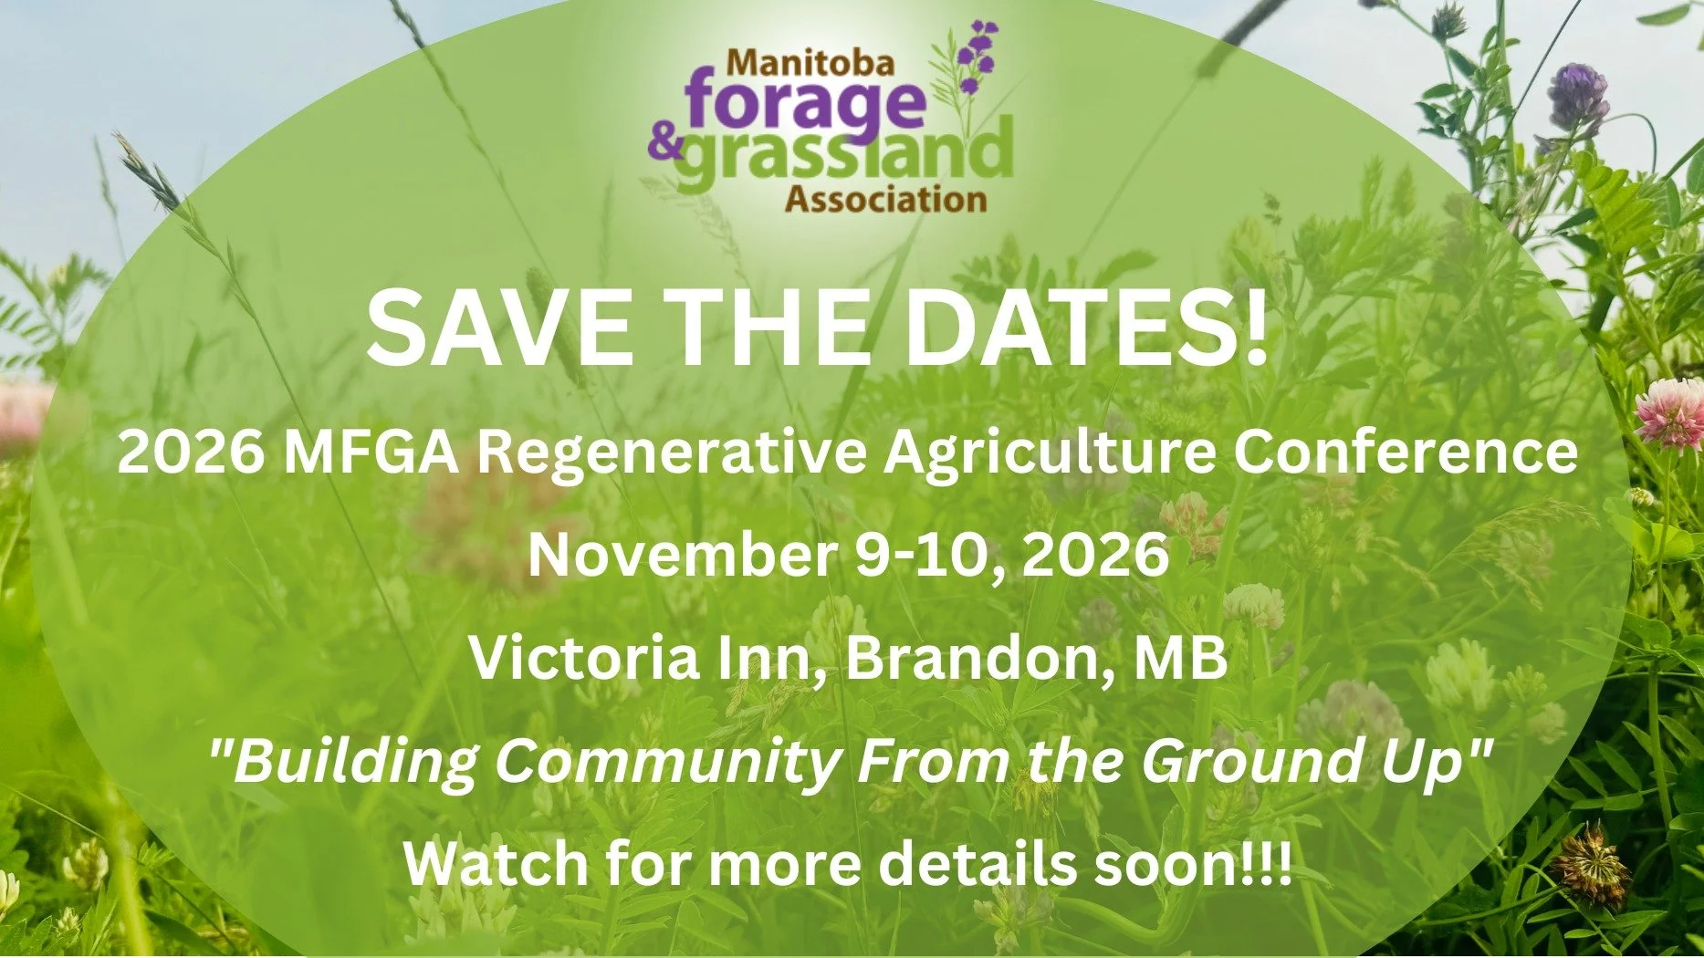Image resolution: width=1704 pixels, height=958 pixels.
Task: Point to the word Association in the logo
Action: point(885,199)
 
